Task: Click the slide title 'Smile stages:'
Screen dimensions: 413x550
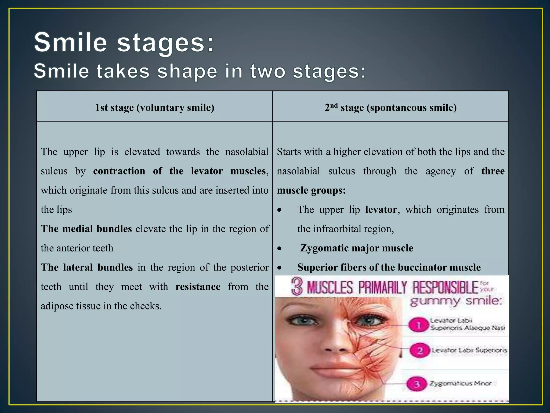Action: tap(124, 42)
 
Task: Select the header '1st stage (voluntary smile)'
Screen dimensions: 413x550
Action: tap(155, 108)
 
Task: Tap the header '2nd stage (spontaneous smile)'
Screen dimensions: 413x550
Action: tap(390, 108)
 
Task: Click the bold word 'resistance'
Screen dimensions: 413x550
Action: tap(198, 287)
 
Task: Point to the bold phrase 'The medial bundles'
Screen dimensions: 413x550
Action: tap(86, 229)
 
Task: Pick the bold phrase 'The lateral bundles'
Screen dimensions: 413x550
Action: tap(87, 267)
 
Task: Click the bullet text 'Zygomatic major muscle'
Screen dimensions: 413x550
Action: tap(356, 248)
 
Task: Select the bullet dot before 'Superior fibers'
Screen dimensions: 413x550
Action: tap(280, 268)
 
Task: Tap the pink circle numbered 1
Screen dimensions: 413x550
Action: tap(418, 325)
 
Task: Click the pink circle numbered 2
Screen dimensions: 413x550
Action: tap(420, 350)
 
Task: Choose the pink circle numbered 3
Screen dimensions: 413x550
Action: tap(417, 384)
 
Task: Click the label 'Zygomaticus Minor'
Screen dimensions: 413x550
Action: tap(460, 383)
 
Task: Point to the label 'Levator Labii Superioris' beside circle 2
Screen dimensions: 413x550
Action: tap(469, 350)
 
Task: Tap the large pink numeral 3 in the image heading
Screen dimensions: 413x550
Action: tap(297, 287)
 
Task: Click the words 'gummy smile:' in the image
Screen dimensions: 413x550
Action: tap(456, 301)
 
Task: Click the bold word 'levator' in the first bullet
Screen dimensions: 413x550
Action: tap(381, 209)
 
